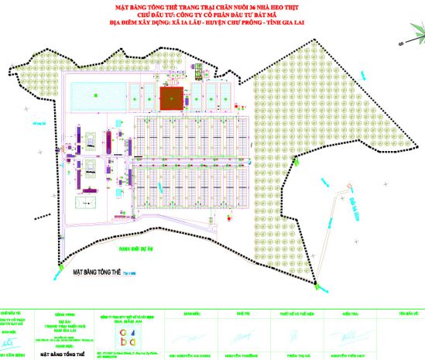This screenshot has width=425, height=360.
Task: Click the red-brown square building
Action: point(173,98)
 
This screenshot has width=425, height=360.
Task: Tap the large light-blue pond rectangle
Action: point(94,97)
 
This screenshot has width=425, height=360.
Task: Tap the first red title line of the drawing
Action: point(213,6)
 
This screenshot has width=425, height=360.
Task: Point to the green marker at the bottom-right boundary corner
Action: point(317,286)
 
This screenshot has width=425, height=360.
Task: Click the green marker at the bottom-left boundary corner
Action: point(61,267)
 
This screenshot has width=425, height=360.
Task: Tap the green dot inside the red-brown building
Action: point(173,98)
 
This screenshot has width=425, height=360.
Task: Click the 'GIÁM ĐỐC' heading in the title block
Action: point(192,314)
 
